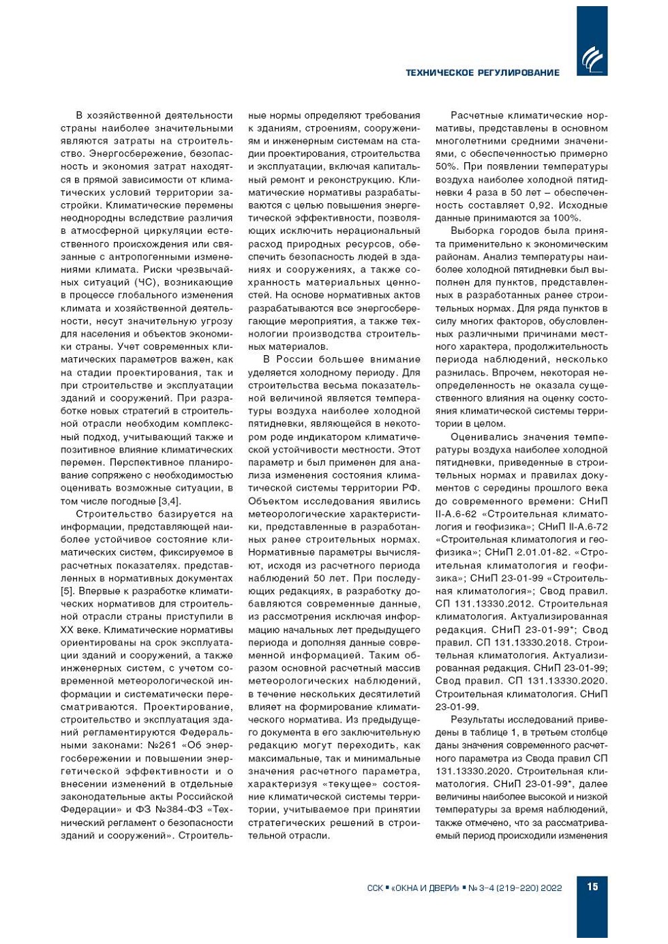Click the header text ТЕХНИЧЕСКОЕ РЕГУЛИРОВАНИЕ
482,73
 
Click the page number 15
592,886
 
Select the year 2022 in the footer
550,887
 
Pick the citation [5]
67,591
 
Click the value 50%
446,166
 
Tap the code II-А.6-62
457,514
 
